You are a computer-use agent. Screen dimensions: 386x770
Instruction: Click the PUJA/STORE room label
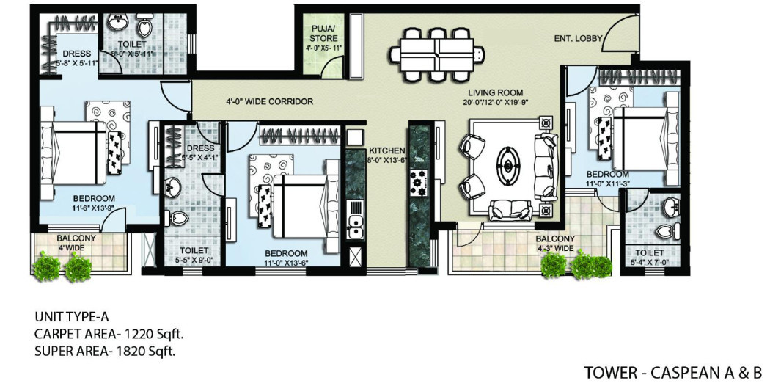point(323,34)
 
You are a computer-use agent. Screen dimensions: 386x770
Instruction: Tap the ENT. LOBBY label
point(579,38)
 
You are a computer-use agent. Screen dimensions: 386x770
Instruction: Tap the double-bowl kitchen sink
point(356,222)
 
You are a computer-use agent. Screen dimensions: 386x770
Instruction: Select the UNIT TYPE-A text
point(72,317)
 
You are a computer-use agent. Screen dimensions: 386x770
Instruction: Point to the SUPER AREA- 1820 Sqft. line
point(105,351)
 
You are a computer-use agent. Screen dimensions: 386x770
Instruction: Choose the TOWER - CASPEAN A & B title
point(673,373)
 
